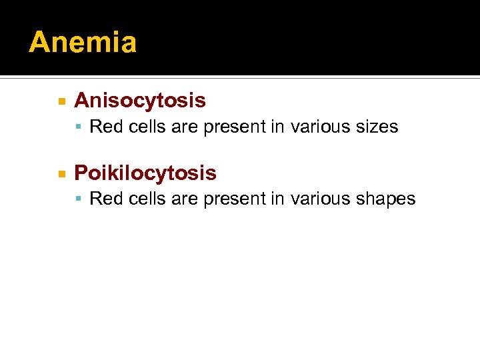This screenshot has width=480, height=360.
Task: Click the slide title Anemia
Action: tap(83, 43)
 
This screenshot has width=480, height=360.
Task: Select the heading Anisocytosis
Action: tap(140, 101)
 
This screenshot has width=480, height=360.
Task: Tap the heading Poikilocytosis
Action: tap(145, 173)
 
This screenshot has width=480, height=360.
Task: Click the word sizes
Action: tap(377, 127)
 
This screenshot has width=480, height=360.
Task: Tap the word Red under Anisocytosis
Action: tap(103, 127)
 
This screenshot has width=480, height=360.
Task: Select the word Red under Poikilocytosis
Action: tap(103, 199)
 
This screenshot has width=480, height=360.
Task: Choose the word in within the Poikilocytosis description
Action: tap(278, 199)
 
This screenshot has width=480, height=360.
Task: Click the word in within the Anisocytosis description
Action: tap(278, 127)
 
